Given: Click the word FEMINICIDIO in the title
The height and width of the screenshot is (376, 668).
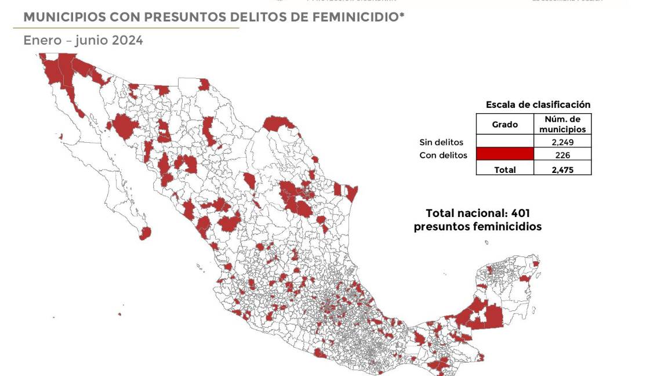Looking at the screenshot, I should [x=355, y=17].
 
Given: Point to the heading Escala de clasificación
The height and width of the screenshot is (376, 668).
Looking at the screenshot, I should [x=538, y=105].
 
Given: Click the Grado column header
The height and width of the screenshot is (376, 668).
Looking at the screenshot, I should [x=504, y=125].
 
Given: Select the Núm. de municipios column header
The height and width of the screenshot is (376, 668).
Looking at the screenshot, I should [x=562, y=124].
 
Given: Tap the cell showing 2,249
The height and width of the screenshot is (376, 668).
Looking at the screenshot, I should [x=562, y=142].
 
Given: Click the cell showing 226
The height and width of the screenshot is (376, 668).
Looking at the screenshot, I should [x=562, y=155].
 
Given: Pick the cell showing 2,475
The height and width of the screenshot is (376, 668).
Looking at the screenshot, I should [x=562, y=169].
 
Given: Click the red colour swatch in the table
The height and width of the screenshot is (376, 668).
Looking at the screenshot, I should [x=504, y=154].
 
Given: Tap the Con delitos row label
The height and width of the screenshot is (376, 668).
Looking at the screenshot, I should [x=443, y=156].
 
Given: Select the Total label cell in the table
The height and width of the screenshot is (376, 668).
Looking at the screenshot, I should [x=504, y=169].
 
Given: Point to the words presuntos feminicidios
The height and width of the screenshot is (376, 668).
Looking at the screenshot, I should [x=477, y=227].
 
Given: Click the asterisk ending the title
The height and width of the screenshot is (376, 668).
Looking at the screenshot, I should [x=402, y=15].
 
